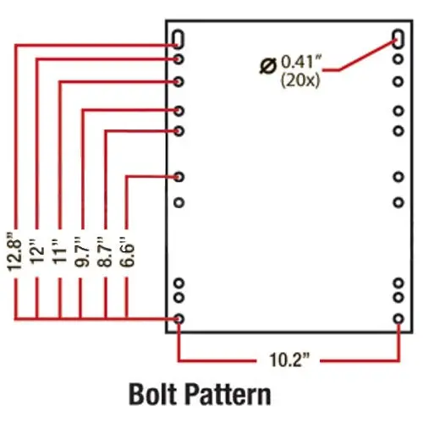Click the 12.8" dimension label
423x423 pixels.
[14, 251]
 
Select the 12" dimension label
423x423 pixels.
[37, 251]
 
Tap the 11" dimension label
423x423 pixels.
[59, 251]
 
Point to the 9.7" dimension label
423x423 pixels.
[82, 251]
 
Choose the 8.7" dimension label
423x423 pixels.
[105, 251]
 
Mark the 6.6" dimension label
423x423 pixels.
[127, 251]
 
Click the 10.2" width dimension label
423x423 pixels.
[289, 360]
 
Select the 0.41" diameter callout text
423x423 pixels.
[302, 62]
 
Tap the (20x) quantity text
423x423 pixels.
[300, 81]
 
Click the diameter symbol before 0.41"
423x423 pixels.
[268, 66]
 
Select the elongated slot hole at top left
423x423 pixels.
[179, 39]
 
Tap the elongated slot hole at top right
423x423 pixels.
[398, 39]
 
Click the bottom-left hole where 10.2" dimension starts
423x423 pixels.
[179, 319]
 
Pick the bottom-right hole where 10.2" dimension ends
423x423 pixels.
[398, 319]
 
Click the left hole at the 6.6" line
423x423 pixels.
[179, 177]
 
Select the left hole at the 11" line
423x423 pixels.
[179, 82]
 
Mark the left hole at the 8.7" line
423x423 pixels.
[179, 131]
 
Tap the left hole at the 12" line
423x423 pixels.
[179, 59]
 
